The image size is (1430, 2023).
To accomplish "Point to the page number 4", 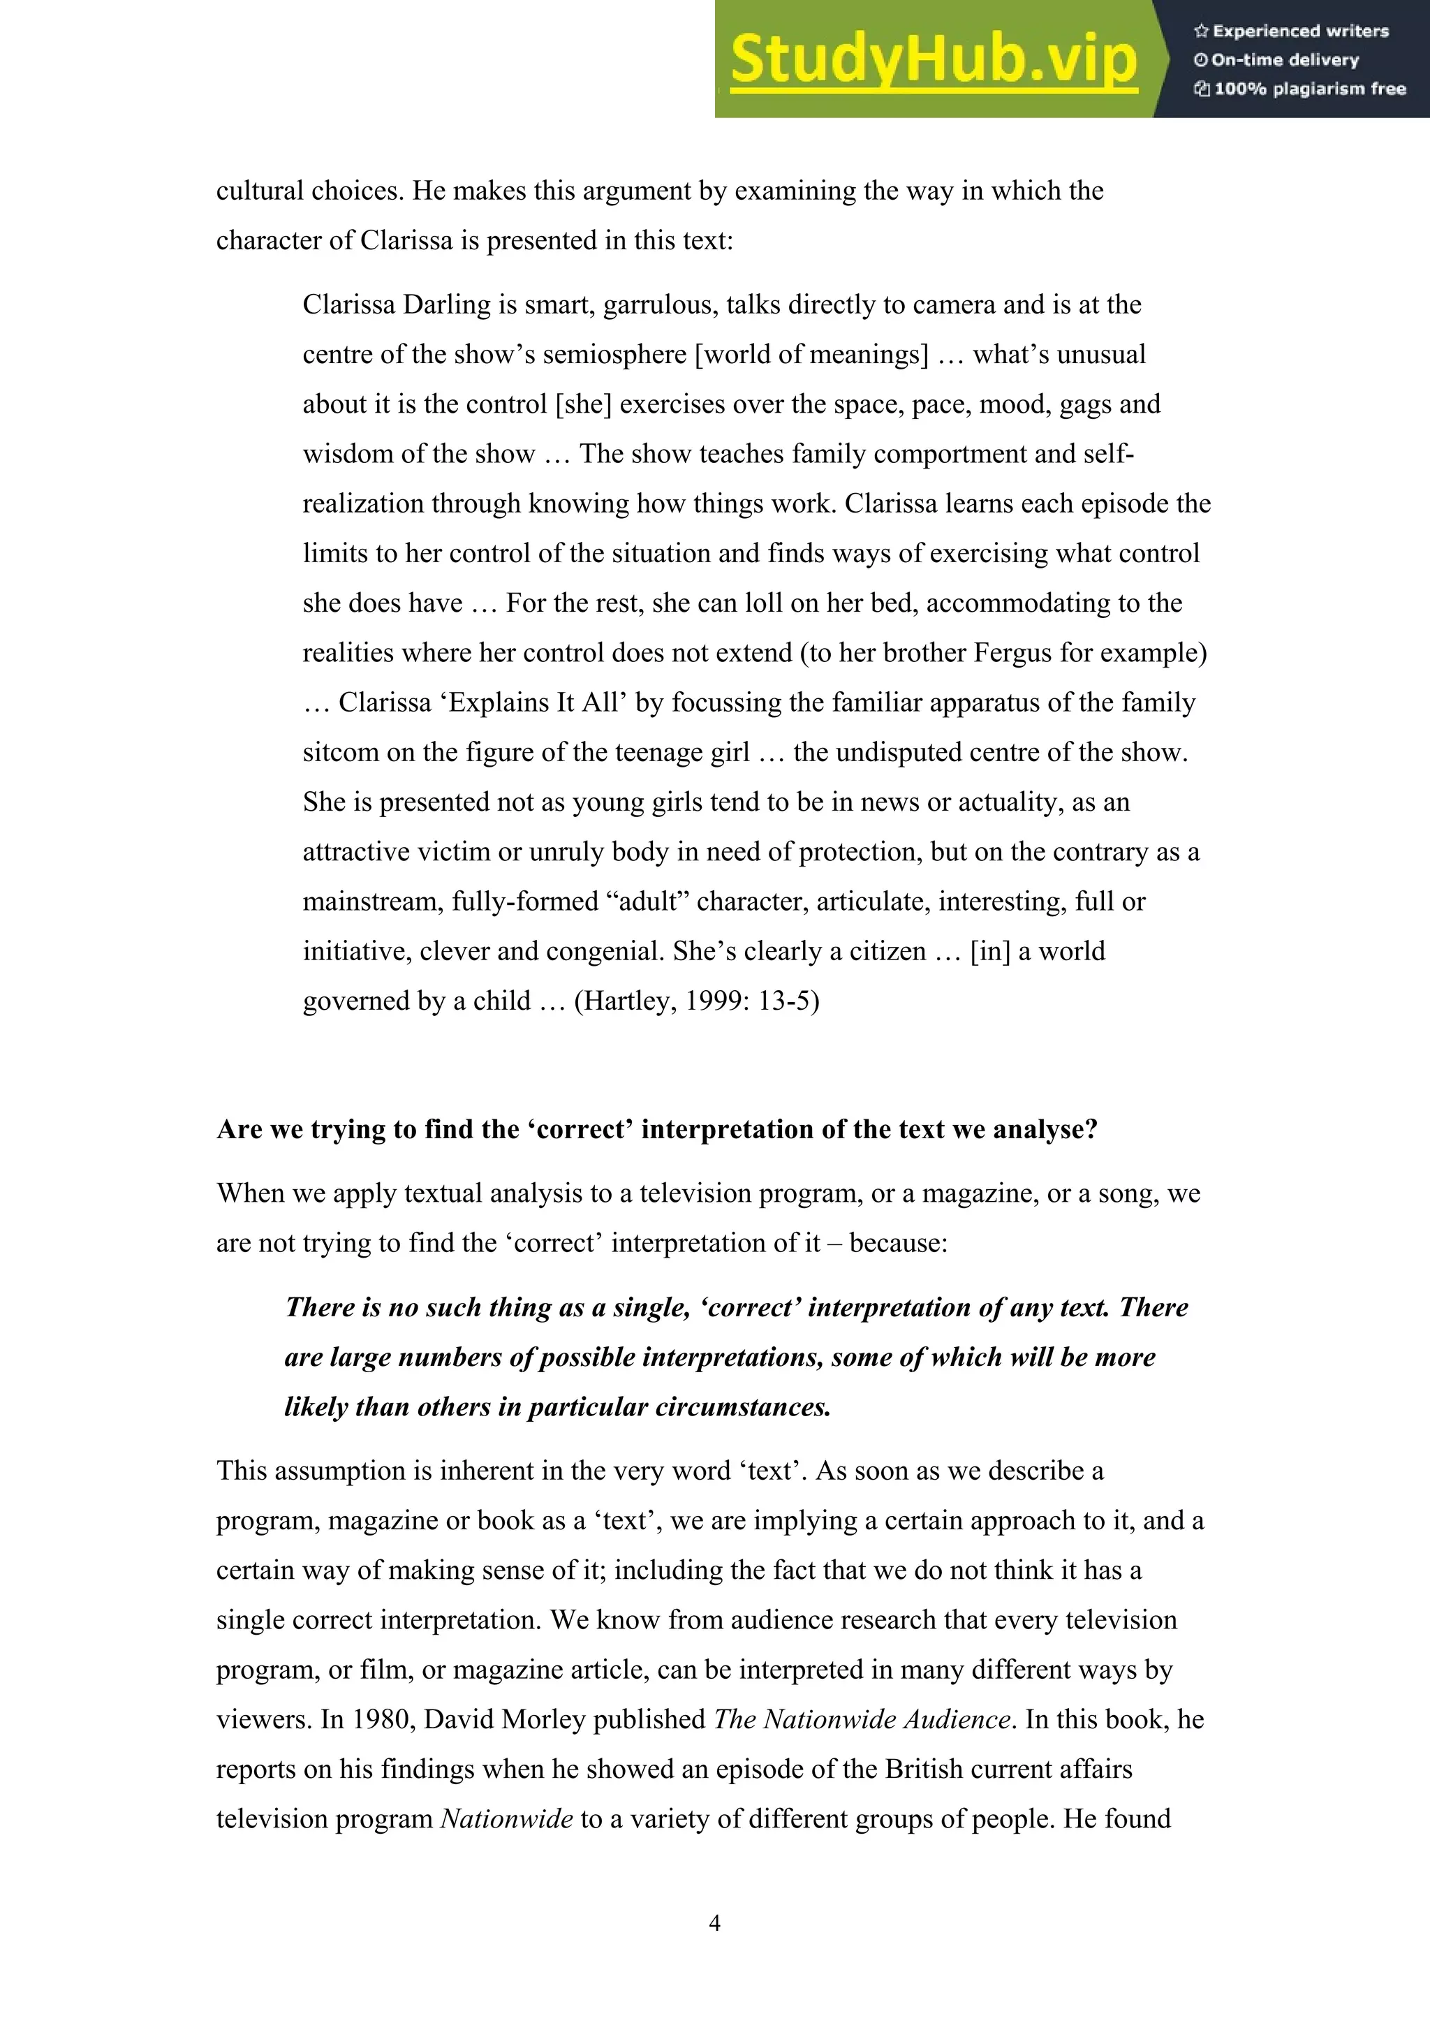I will click(x=714, y=1922).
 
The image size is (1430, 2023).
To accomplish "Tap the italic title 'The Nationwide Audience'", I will click(x=861, y=1719).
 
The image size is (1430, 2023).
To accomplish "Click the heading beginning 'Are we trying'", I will click(x=656, y=1130).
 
